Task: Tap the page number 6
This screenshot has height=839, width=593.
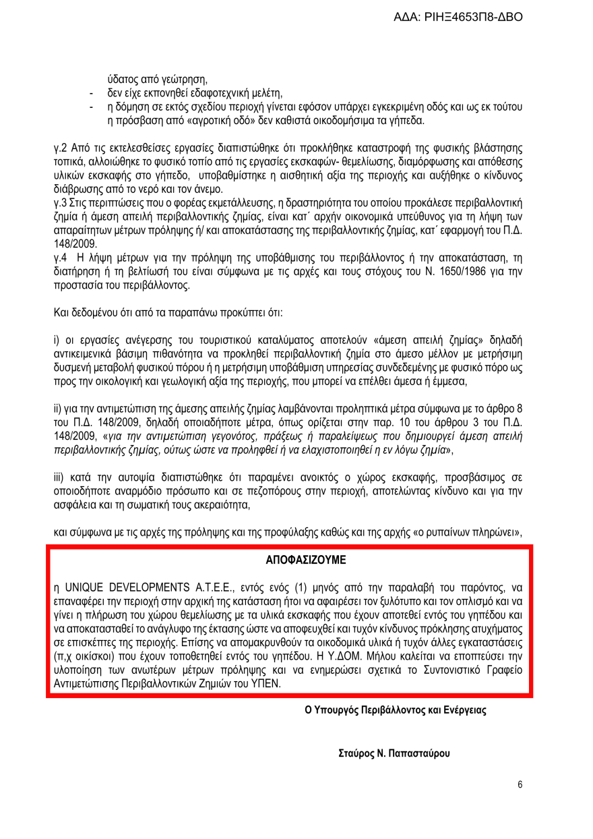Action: [520, 784]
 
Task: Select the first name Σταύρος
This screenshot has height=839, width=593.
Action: [355, 753]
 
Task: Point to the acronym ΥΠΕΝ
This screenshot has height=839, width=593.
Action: [267, 683]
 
